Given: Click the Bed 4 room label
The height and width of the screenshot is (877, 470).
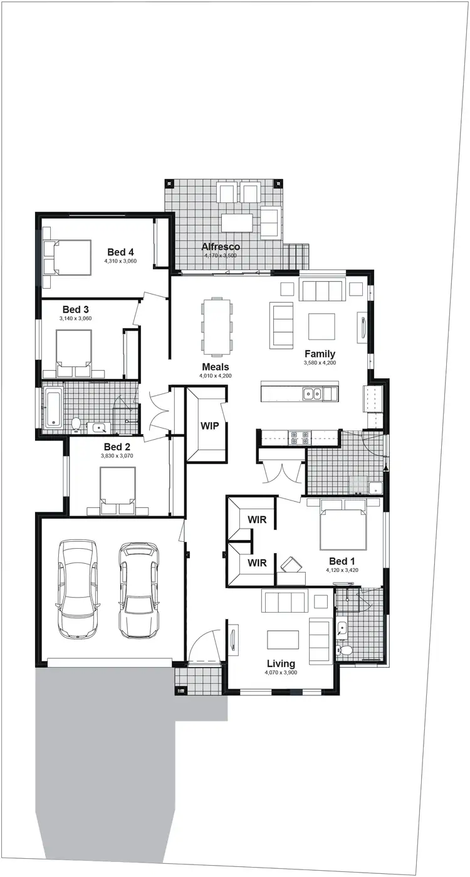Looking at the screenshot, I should (120, 251).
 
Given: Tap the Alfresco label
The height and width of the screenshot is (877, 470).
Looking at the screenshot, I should (221, 246).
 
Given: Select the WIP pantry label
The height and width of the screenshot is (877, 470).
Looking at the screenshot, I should (209, 425).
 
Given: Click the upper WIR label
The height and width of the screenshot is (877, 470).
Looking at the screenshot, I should (257, 519).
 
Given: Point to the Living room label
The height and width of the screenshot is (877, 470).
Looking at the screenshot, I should (280, 663).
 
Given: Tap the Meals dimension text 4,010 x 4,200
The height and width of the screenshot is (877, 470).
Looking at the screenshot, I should (215, 376).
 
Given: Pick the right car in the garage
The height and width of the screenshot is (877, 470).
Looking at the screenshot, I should (138, 590).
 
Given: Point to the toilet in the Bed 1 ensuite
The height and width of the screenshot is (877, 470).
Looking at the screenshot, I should (342, 650).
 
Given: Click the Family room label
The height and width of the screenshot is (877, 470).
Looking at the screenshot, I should (320, 354).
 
